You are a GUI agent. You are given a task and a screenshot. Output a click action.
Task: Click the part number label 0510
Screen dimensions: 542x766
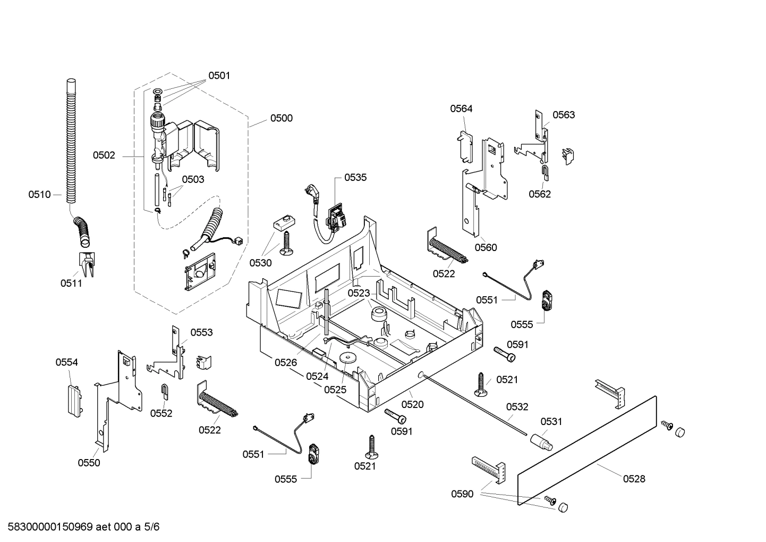tap(39, 195)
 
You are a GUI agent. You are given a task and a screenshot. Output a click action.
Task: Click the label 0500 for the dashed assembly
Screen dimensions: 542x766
tap(281, 118)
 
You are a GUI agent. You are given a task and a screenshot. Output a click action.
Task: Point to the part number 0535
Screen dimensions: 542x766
tap(355, 178)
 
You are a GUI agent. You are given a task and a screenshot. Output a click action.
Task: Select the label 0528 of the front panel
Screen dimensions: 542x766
tap(634, 479)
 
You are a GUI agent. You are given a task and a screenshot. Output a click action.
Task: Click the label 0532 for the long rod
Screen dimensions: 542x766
tap(517, 407)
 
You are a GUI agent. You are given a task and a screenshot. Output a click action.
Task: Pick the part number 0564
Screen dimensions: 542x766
tap(461, 109)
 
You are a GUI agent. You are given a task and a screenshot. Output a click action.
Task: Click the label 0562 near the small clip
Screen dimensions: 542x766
tap(540, 194)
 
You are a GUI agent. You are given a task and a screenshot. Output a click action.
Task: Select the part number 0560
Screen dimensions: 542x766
tap(486, 247)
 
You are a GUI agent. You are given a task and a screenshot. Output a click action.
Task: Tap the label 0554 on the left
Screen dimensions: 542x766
tap(66, 362)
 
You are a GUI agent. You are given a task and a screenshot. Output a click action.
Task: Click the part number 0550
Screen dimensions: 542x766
tap(89, 463)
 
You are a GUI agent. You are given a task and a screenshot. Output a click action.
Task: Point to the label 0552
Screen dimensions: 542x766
tap(161, 413)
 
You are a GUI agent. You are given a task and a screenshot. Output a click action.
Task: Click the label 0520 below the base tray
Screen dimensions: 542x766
tap(412, 404)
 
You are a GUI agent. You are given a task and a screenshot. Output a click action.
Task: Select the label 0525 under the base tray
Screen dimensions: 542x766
tap(335, 390)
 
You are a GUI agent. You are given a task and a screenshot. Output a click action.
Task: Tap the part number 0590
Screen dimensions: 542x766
tap(462, 494)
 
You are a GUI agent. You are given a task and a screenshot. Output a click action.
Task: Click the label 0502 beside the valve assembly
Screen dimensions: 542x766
tap(104, 155)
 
